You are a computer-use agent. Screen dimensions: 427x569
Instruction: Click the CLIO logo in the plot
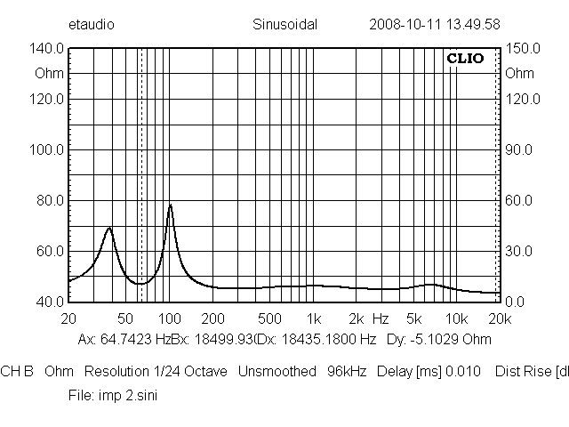(x=465, y=59)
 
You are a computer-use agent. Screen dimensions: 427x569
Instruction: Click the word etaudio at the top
(x=91, y=25)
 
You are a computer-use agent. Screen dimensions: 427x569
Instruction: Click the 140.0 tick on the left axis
(x=48, y=50)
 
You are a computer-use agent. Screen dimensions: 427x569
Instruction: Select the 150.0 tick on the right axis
(x=521, y=50)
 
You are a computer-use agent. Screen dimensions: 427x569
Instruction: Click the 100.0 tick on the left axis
(x=48, y=149)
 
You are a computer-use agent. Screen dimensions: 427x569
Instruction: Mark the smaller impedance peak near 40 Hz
(x=109, y=229)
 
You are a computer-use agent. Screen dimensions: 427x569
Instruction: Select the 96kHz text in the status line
(x=348, y=371)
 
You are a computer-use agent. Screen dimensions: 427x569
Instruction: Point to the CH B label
(x=17, y=371)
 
